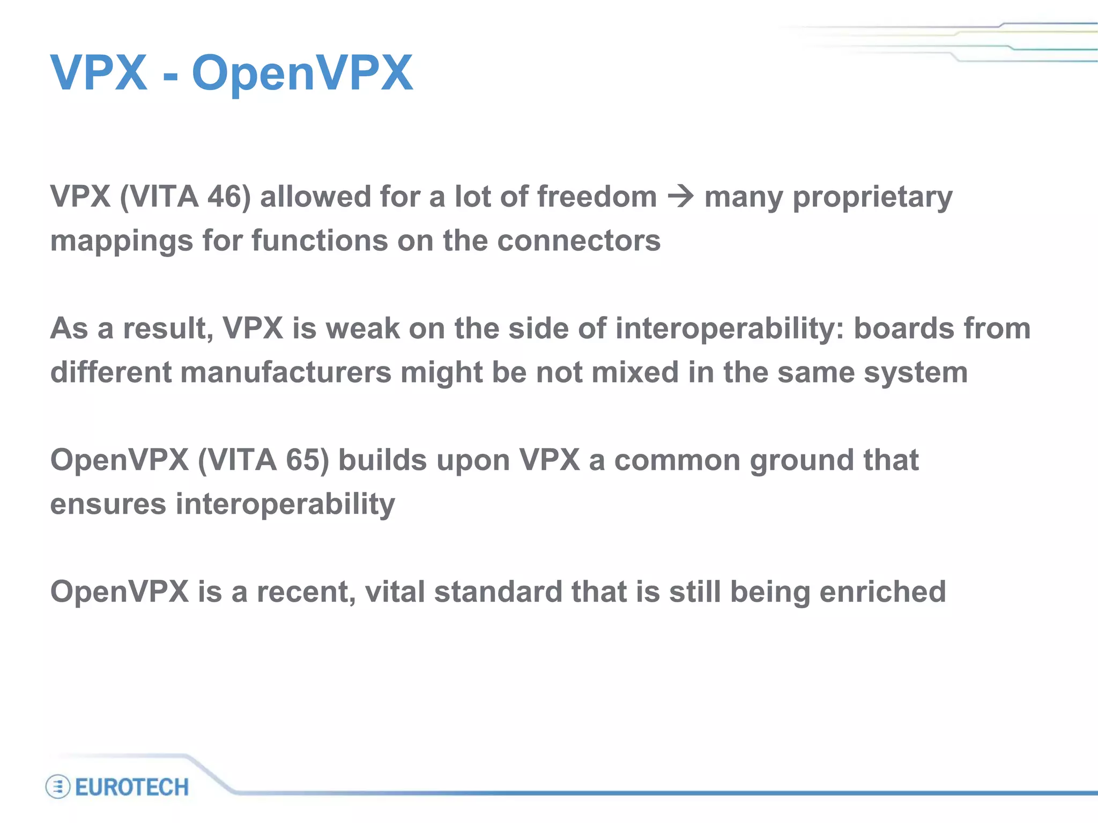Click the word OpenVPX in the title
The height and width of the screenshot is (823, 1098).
point(302,73)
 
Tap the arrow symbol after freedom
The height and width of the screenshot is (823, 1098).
point(680,197)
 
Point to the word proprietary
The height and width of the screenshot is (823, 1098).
point(872,198)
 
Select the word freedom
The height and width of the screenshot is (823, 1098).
point(597,197)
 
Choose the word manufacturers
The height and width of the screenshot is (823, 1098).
point(286,372)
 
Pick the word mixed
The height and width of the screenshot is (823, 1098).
point(635,372)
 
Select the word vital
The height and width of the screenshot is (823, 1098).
point(395,592)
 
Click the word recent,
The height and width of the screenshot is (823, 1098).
point(306,592)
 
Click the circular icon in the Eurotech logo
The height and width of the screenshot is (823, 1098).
point(58,787)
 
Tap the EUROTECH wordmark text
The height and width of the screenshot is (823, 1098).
point(132,787)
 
